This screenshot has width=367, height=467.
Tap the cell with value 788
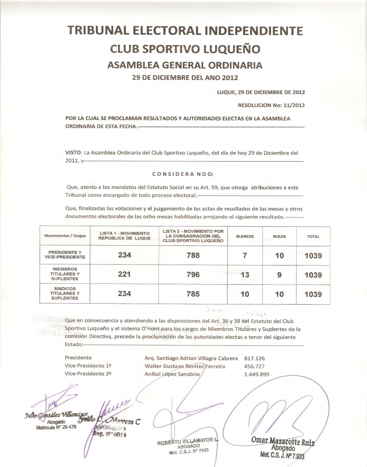coord(193,255)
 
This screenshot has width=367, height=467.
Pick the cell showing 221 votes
coord(124,274)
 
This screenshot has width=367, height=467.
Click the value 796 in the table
coord(193,274)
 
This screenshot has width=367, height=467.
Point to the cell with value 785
coord(193,294)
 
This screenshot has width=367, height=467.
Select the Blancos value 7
coord(245,255)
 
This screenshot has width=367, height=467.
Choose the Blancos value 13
coord(245,275)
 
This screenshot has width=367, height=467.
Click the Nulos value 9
coord(279,274)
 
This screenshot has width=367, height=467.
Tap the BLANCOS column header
coord(245,236)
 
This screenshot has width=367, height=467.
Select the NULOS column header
coord(279,236)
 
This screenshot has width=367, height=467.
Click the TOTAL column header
coord(313,237)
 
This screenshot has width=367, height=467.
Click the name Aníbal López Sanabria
coord(172,374)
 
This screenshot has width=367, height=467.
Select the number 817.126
coord(252,358)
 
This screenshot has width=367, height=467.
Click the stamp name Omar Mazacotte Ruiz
coord(283,441)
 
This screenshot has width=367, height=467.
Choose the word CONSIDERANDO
coord(182,174)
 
